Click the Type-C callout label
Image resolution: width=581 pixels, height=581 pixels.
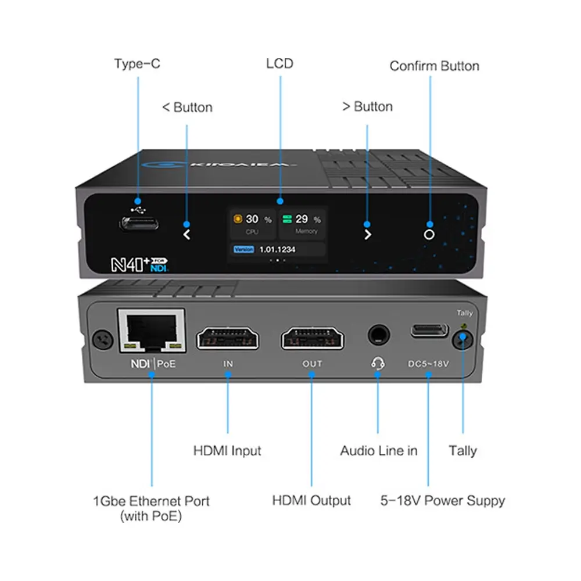coord(137,63)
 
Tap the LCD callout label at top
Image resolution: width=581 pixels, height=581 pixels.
coord(279,63)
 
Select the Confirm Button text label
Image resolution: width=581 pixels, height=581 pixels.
coord(434,66)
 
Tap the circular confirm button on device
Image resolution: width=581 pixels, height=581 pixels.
coord(429,234)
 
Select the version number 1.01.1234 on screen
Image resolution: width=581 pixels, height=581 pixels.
coord(277,249)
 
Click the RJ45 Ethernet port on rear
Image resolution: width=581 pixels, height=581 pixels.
coord(151,331)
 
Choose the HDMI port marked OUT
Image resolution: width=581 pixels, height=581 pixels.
coord(312,338)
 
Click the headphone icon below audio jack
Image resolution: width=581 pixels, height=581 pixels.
coord(378,363)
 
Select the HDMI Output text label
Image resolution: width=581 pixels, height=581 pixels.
coord(311,500)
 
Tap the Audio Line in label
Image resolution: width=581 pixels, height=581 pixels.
coord(378,450)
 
